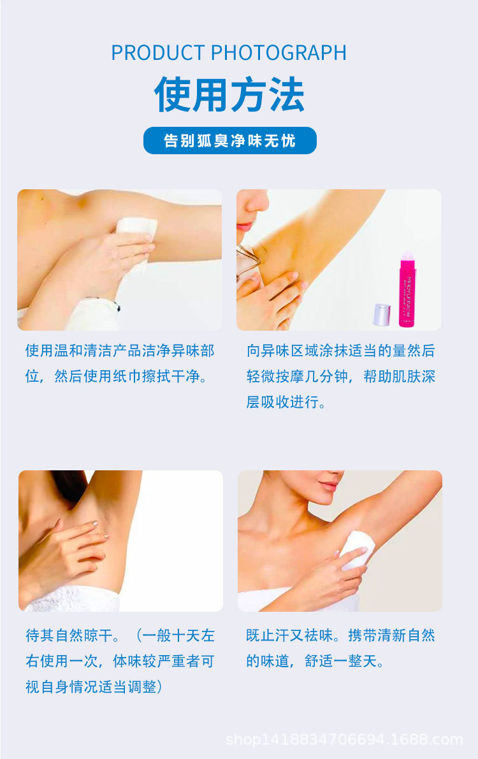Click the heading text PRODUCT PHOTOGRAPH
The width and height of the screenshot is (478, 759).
[229, 53]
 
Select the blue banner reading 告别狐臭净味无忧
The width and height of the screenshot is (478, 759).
[229, 140]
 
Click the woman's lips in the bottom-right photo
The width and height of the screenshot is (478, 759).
[329, 486]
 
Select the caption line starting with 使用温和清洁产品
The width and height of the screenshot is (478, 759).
[120, 351]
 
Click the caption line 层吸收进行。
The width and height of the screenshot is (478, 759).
[286, 403]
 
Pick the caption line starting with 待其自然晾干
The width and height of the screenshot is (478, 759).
[120, 635]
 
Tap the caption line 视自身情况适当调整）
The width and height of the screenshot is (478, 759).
[94, 687]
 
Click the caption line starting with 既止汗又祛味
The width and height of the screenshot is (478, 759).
[340, 635]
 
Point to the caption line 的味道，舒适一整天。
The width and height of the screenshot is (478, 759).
[315, 661]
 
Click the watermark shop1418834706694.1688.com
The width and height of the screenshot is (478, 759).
[344, 740]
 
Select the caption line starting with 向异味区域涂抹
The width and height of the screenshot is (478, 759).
[340, 351]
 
